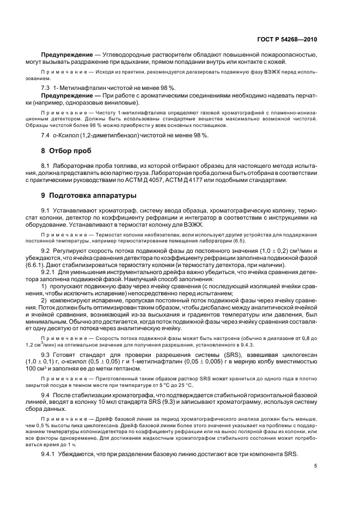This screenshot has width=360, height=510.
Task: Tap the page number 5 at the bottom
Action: coord(315,465)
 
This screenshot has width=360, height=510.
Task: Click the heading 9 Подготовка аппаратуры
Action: coord(89,195)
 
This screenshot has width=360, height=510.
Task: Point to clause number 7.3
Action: coord(47,88)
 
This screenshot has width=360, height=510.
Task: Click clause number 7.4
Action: coord(47,135)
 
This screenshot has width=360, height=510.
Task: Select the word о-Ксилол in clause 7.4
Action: coord(70,135)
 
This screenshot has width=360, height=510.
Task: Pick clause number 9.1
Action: coord(47,210)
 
